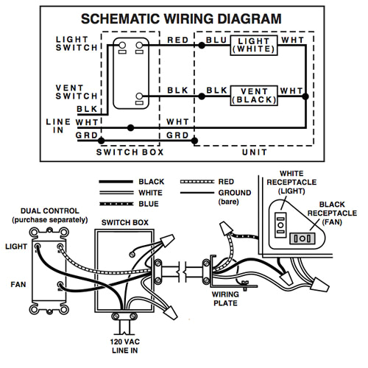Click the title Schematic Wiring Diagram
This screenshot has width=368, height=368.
pyautogui.click(x=180, y=18)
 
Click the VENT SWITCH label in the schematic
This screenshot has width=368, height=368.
pyautogui.click(x=76, y=92)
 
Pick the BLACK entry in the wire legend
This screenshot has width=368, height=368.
pyautogui.click(x=152, y=181)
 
